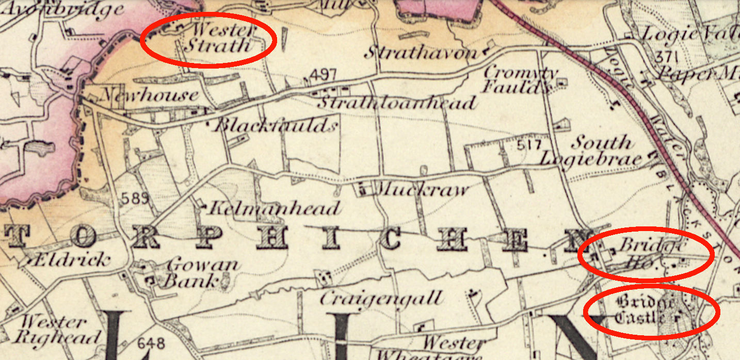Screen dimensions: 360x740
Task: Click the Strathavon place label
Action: [421, 53]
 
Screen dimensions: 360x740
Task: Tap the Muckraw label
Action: [423, 189]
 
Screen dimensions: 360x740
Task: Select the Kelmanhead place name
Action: [274, 208]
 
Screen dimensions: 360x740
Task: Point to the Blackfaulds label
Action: [276, 125]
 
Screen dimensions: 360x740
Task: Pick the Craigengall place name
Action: [381, 298]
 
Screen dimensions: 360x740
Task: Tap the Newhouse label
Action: [150, 95]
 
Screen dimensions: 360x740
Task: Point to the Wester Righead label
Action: [57, 330]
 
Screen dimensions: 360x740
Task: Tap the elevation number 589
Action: [136, 198]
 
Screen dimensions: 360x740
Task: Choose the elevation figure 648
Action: [151, 342]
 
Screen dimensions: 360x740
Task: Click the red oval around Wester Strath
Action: [208, 40]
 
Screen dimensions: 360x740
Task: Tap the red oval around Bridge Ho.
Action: [646, 254]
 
